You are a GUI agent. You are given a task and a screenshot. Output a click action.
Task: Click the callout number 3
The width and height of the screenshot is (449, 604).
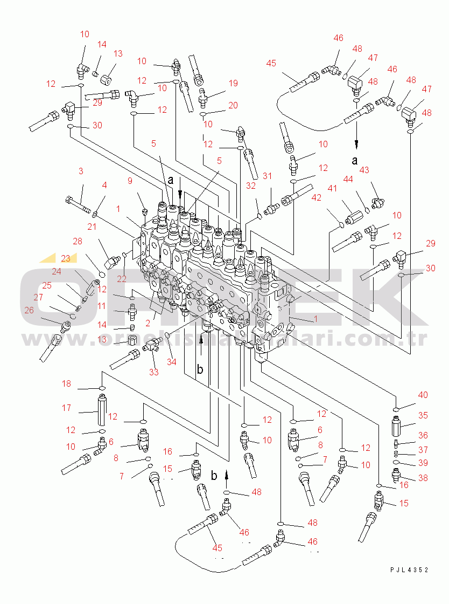[x=80, y=171]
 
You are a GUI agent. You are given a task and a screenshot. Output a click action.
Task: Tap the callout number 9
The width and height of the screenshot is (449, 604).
[x=130, y=181]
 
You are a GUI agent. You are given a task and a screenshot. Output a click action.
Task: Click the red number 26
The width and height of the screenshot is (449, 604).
[x=29, y=310]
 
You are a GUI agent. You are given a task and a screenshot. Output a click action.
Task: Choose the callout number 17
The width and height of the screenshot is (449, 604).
[x=67, y=408]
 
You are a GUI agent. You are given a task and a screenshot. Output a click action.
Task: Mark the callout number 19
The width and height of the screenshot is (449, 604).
[x=233, y=83]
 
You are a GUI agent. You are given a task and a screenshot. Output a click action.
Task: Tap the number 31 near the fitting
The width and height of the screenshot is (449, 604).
[x=268, y=176]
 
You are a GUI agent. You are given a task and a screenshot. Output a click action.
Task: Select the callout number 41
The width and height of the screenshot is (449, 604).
[x=332, y=188]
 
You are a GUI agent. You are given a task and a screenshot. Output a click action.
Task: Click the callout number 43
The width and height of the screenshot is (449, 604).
[x=364, y=170]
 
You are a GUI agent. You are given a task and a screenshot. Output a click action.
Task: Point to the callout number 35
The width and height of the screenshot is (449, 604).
[x=423, y=416]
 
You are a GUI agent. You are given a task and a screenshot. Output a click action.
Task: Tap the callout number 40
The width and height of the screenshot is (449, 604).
[x=423, y=395]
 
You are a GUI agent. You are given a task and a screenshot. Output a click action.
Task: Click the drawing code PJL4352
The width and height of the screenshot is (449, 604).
[x=410, y=569]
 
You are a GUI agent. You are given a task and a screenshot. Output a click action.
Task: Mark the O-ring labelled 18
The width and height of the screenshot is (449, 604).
[x=101, y=388]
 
